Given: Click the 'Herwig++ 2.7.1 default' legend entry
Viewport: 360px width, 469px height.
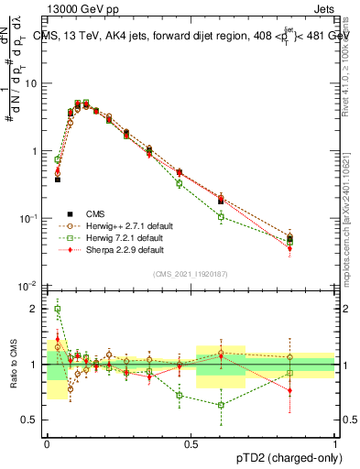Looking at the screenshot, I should point(122,225).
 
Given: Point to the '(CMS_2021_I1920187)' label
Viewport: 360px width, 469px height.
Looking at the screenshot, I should point(190,273).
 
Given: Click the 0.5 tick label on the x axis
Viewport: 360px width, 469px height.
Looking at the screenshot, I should point(191,442).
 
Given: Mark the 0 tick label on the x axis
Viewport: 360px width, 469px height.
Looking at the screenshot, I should point(47,442).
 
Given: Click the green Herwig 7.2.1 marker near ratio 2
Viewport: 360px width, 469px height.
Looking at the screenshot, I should point(57,310).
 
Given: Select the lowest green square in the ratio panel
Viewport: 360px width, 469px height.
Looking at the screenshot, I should point(221,405).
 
